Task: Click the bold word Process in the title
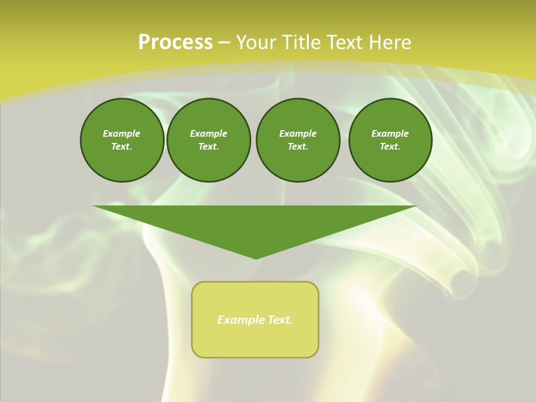pos(175,42)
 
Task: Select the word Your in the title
pos(255,42)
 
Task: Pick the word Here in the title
pos(393,42)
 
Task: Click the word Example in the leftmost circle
pos(122,133)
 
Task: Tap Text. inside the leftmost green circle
pos(122,147)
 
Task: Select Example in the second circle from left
pos(208,133)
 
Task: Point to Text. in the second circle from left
pos(208,147)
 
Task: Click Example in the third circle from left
pos(298,133)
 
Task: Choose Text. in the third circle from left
pos(298,147)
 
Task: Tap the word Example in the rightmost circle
pos(390,133)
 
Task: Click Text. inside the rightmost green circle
pos(390,147)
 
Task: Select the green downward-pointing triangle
pos(255,223)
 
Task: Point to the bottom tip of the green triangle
pos(256,257)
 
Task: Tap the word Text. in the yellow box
pos(281,320)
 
